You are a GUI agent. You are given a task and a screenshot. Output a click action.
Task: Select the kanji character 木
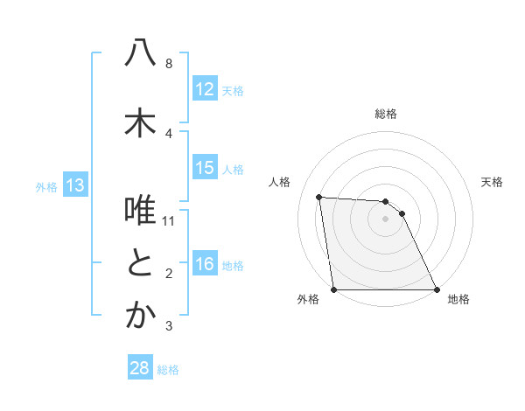pos(140,123)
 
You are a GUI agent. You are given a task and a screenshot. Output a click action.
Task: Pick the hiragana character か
pos(140,317)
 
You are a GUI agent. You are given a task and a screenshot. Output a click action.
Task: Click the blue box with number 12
pos(205,89)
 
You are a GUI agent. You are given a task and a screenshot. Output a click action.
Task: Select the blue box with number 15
pos(205,168)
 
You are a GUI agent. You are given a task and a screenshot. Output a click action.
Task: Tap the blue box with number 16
pos(205,265)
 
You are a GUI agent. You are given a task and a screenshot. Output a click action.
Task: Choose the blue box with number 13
pos(75,185)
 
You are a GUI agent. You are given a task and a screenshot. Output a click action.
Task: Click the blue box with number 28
pos(140,368)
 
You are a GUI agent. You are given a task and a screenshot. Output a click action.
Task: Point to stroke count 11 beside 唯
pos(169,220)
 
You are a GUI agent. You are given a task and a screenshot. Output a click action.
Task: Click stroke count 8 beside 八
pos(169,63)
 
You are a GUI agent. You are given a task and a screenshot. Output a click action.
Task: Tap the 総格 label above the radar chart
pos(386,114)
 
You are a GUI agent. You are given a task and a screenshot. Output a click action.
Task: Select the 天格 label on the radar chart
pos(493,183)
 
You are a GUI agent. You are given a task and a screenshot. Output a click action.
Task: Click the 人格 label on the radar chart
pos(280,183)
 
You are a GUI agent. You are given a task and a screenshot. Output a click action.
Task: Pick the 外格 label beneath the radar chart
pos(308,299)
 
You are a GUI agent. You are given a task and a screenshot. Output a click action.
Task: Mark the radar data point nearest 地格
pos(437,289)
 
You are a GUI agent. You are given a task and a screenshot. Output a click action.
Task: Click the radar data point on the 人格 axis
pos(319,197)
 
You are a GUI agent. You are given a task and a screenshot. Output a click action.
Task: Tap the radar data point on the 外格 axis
pos(334,289)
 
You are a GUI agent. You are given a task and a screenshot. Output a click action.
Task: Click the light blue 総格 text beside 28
pos(168,369)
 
